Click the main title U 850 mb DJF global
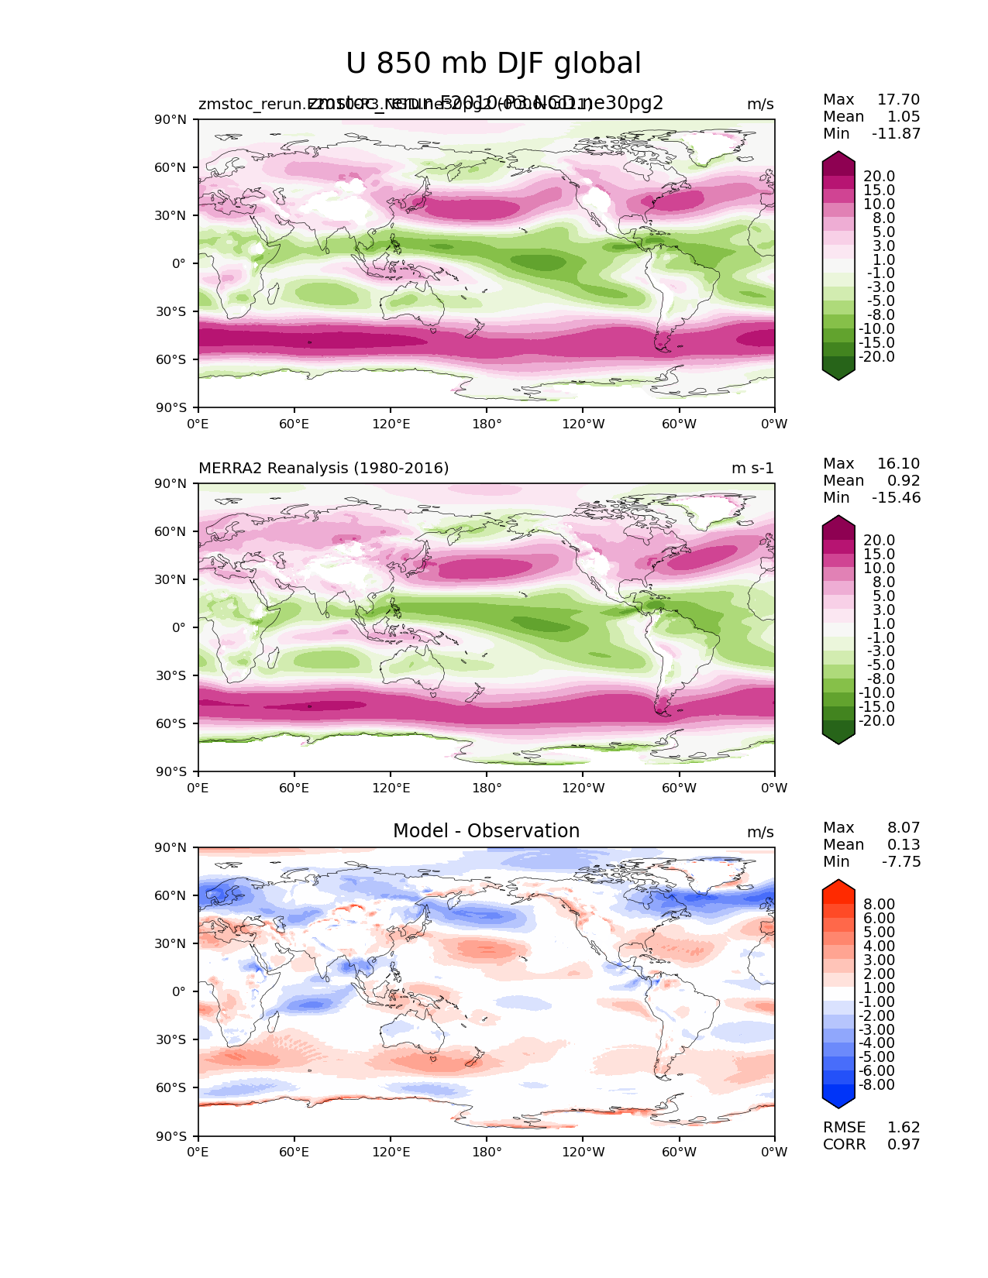pos(493,64)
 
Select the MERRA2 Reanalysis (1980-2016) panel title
pos(323,469)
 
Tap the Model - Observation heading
pos(486,831)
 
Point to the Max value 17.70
pos(898,100)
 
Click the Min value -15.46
pos(896,498)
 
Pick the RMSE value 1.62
pos(904,1128)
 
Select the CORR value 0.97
pos(904,1145)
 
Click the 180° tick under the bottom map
pos(487,1153)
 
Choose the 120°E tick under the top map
pos(391,424)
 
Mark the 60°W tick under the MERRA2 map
pos(679,788)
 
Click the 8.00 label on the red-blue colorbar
pos(879,905)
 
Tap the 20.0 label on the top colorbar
pos(879,177)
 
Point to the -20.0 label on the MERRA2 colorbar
pos(876,721)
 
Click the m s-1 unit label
pos(752,469)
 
